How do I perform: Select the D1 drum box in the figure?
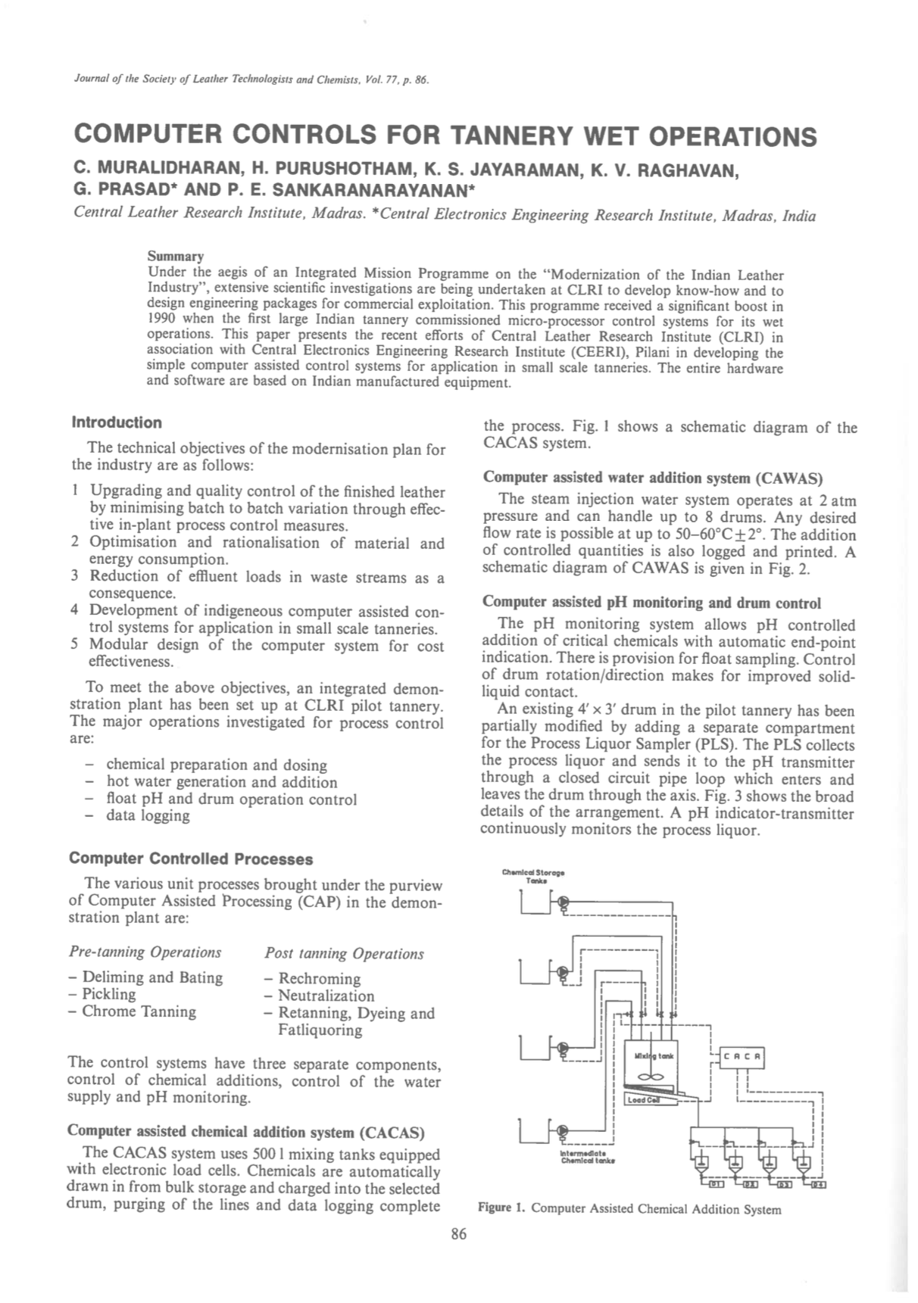714,1184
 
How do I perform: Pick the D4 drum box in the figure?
818,1184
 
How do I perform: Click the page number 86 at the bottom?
459,1235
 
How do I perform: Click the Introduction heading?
117,422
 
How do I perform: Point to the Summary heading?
175,256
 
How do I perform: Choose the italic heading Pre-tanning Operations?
145,952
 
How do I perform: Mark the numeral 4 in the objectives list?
75,610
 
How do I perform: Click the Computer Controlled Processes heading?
191,859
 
